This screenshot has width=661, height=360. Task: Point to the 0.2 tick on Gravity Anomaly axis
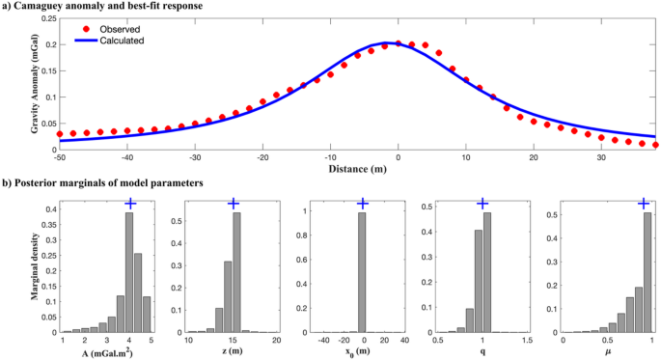[48, 44]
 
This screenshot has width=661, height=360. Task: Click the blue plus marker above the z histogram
[233, 204]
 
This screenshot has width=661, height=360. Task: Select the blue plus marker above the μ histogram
[645, 204]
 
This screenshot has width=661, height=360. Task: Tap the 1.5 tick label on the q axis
[527, 341]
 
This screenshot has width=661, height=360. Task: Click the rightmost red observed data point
[656, 145]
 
